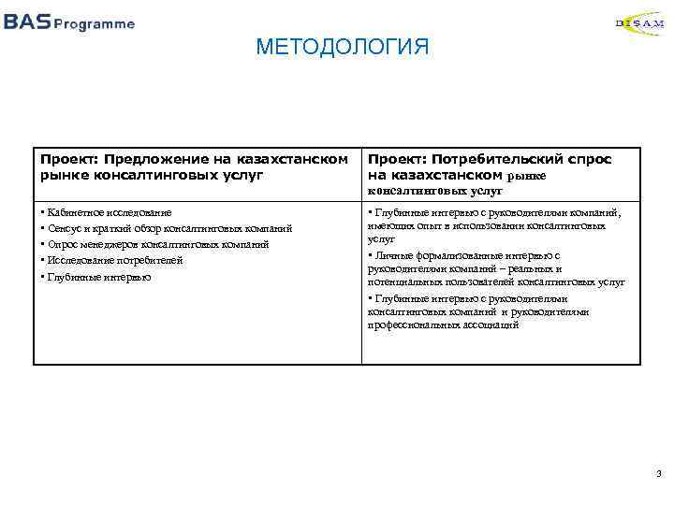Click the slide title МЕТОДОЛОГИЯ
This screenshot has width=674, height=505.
point(342,47)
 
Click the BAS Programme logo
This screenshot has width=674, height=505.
point(68,23)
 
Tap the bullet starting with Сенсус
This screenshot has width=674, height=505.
point(168,228)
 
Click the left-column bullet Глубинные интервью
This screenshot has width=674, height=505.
point(96,277)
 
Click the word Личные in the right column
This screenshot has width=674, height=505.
point(392,254)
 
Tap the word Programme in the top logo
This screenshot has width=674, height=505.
point(94,24)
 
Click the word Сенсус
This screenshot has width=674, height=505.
point(65,228)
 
